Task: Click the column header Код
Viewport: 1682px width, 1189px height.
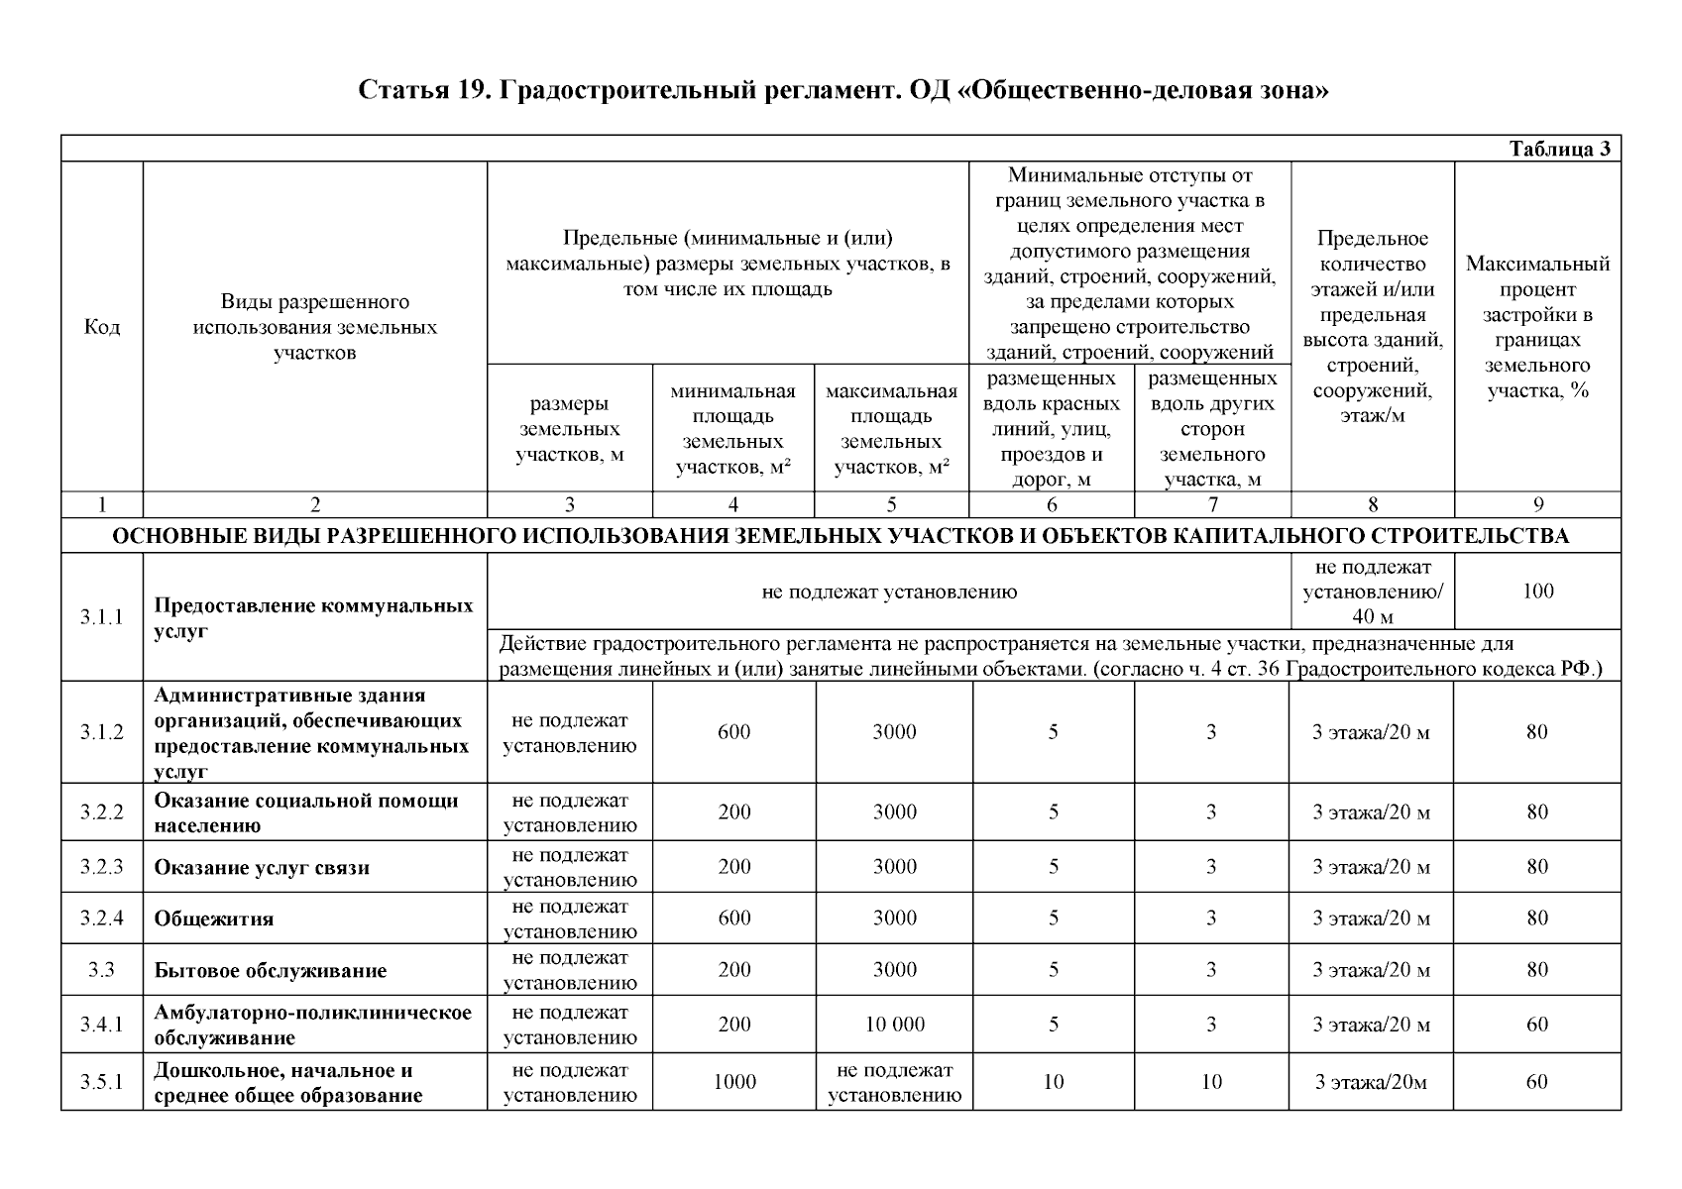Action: coord(101,326)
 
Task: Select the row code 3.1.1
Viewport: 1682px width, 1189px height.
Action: coord(101,617)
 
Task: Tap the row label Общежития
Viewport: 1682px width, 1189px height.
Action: coord(213,919)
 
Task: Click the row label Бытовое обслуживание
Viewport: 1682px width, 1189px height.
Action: coord(270,970)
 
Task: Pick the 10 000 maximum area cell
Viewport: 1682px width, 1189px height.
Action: coord(894,1025)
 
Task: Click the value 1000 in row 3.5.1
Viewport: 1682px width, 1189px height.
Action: coord(734,1082)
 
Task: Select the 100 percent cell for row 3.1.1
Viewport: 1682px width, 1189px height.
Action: coord(1537,592)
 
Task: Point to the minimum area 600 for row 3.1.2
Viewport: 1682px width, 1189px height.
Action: coord(734,732)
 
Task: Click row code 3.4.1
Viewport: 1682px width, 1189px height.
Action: coord(101,1025)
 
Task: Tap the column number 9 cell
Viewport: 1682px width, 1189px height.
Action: coord(1538,505)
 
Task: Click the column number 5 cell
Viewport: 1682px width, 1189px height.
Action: coord(891,505)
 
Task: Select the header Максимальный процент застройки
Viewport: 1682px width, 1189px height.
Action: coord(1537,326)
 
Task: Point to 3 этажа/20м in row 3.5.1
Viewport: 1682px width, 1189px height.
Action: coord(1371,1082)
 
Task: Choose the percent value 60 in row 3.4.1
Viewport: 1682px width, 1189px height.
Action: coord(1537,1025)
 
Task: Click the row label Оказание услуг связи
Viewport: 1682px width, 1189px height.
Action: coord(262,868)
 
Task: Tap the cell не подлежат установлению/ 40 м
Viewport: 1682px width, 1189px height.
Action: coord(1372,592)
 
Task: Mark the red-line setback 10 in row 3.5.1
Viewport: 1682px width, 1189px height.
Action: coord(1053,1082)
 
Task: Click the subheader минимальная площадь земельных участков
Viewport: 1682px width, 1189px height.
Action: coord(733,429)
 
